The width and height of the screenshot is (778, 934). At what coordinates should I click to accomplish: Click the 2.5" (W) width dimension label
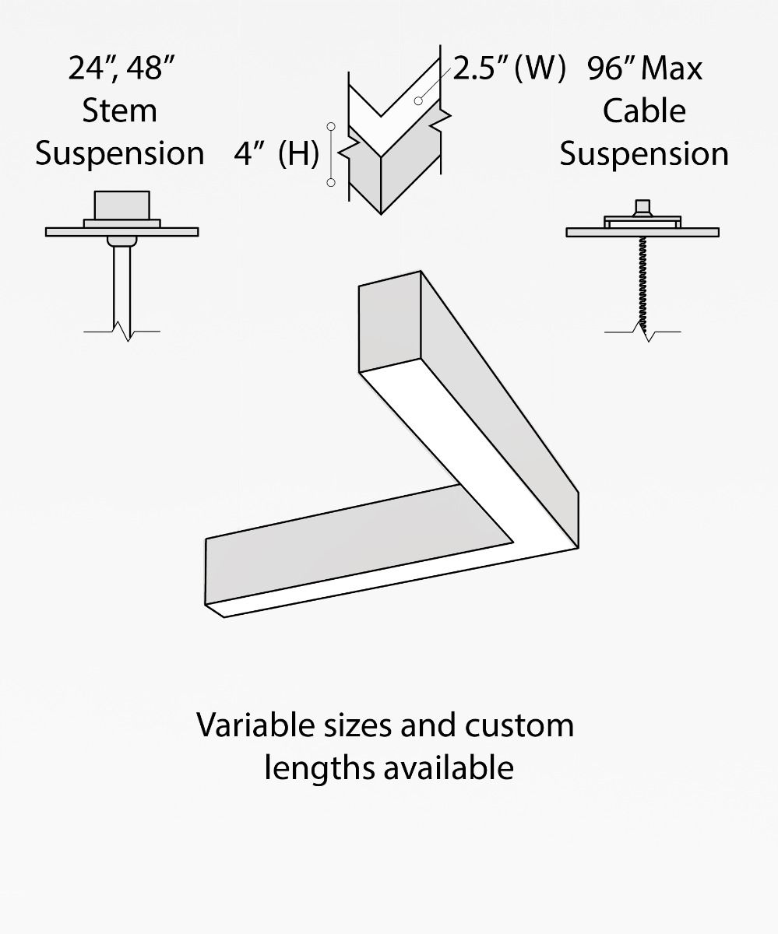[509, 68]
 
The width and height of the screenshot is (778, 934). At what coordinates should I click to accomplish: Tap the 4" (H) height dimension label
[276, 154]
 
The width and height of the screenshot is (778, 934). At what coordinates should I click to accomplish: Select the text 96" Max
[645, 68]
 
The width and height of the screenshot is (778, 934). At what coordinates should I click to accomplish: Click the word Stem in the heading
[119, 111]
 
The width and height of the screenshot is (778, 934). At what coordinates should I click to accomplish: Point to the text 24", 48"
[119, 68]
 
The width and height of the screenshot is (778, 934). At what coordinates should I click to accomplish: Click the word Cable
[644, 111]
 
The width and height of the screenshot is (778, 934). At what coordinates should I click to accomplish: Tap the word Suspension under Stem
[119, 153]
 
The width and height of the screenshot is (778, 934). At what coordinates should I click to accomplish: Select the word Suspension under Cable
[644, 153]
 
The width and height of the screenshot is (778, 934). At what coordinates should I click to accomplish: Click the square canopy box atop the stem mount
[121, 205]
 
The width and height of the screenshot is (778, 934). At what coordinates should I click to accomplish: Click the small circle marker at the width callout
[418, 100]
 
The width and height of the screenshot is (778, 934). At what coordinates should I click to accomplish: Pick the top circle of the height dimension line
[332, 125]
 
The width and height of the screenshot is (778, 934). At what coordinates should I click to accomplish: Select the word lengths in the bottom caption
[319, 767]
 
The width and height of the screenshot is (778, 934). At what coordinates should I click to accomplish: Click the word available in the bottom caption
[449, 767]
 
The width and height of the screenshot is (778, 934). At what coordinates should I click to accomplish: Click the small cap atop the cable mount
[643, 207]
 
